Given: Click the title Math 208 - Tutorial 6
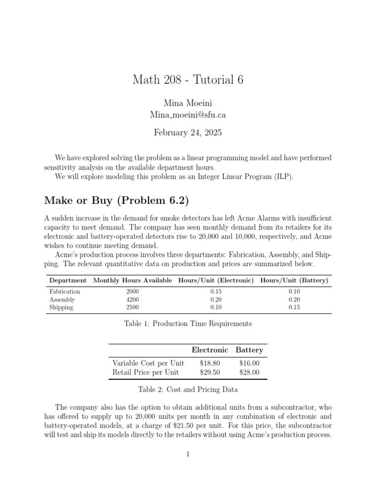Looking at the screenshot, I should click(188, 79).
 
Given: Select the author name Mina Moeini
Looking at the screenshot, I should click(188, 103).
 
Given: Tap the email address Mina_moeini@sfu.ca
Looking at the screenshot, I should click(188, 115).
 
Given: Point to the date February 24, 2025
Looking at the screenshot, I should click(188, 132).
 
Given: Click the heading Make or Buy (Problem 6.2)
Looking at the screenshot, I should click(117, 200).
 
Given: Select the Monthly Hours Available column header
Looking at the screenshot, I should click(132, 280).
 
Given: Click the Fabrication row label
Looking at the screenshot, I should click(65, 291).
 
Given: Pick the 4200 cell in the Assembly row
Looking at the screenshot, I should click(132, 300).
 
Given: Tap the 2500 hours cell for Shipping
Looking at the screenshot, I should click(132, 307).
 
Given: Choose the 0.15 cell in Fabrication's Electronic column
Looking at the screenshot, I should click(216, 291).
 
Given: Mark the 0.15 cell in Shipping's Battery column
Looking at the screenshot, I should click(294, 307).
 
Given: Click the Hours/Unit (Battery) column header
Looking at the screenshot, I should click(294, 280).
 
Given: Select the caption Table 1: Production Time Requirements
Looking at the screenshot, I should click(188, 324).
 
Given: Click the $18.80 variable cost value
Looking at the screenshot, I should click(210, 363).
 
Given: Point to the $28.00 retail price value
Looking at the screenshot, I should click(249, 373).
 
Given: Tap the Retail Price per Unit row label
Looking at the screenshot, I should click(146, 373).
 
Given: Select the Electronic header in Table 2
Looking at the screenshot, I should click(210, 350).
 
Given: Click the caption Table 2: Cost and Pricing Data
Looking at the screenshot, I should click(188, 389).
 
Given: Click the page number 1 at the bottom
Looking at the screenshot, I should click(188, 454).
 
